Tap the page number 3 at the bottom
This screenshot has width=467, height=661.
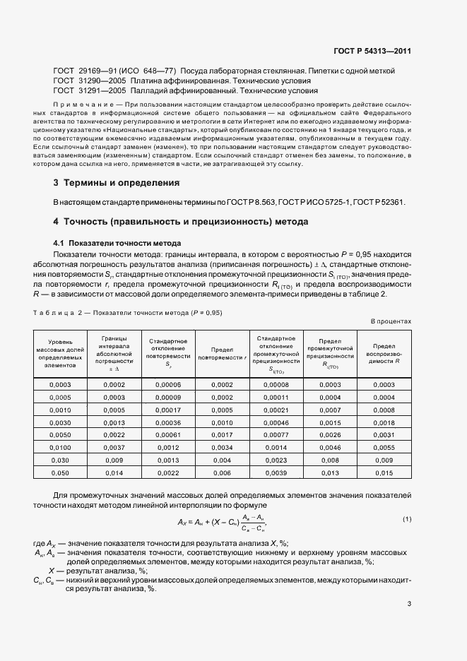[x=409, y=603]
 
